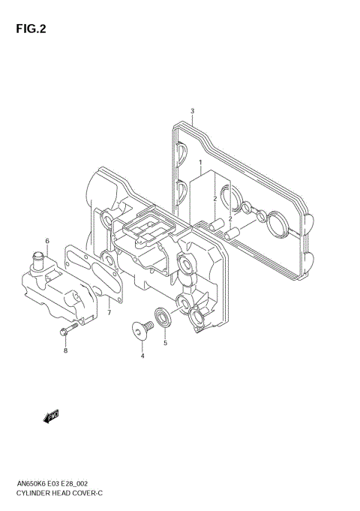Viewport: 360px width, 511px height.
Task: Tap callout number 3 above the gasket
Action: [192, 111]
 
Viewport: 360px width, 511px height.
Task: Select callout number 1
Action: [200, 162]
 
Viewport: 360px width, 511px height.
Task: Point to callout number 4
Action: [142, 356]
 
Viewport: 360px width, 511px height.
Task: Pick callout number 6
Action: [46, 241]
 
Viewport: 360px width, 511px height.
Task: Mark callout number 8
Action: [65, 350]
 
